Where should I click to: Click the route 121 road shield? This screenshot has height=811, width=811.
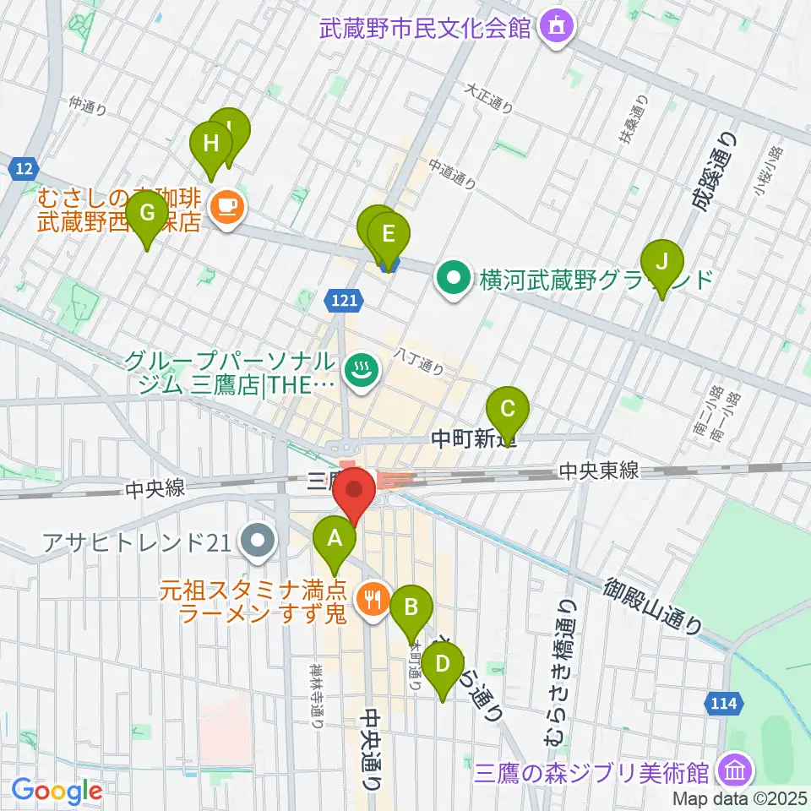click(x=343, y=299)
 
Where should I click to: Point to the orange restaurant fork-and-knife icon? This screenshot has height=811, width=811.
click(x=373, y=600)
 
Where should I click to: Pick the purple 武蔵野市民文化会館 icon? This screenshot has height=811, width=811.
click(x=557, y=27)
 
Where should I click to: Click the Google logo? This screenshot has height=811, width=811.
click(x=57, y=791)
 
